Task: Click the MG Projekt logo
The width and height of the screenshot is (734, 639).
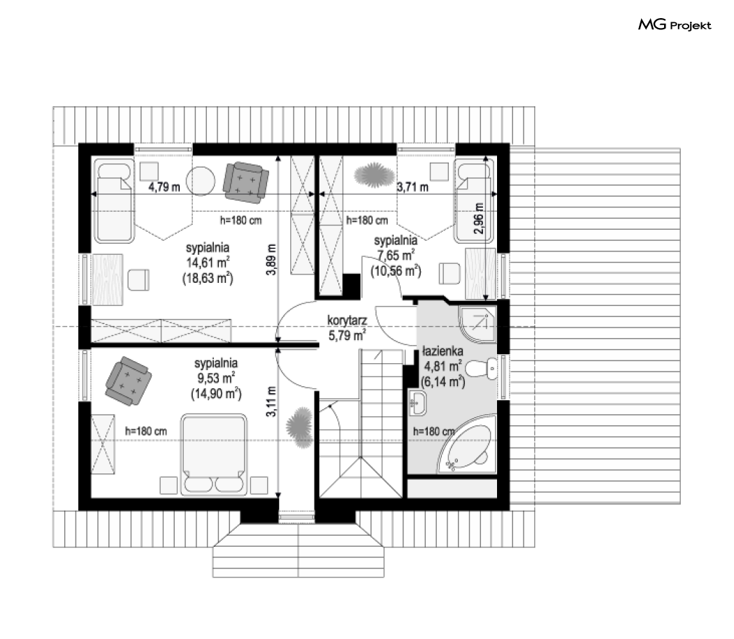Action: click(x=675, y=25)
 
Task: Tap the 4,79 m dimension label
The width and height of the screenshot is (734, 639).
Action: click(x=164, y=187)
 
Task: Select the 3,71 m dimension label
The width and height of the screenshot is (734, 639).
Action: click(x=412, y=187)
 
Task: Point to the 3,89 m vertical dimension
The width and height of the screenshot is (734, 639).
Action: click(x=271, y=260)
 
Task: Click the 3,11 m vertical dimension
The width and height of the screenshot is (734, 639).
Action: click(x=271, y=402)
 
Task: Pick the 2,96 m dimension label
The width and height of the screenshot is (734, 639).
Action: click(x=478, y=219)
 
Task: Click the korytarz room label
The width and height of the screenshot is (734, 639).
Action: click(x=347, y=321)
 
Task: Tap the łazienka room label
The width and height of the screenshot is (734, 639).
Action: click(x=442, y=351)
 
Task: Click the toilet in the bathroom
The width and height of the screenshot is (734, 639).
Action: click(x=482, y=369)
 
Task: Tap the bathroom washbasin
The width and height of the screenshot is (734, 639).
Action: click(x=417, y=403)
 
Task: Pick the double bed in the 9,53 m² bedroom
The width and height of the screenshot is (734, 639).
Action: click(x=214, y=454)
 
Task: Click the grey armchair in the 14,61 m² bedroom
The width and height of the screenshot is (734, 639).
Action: click(x=246, y=183)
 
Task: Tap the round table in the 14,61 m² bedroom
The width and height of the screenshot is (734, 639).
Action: click(x=201, y=181)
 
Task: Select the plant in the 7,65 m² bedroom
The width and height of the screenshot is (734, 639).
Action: click(x=374, y=175)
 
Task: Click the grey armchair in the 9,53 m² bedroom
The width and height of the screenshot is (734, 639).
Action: click(x=128, y=381)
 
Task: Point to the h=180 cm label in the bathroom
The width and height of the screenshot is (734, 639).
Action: click(x=433, y=432)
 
